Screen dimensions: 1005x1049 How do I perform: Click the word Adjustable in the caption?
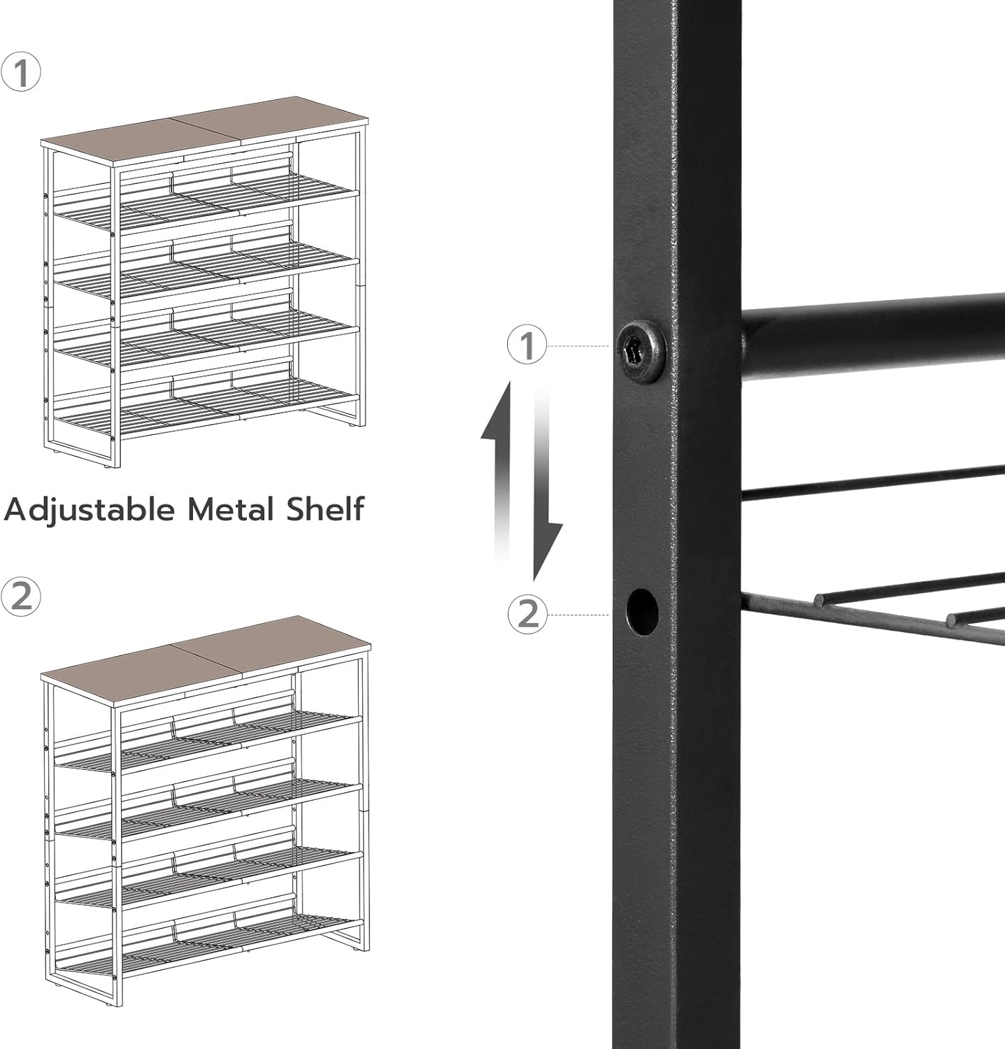click(x=90, y=510)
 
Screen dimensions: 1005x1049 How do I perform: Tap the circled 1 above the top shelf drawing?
click(x=21, y=73)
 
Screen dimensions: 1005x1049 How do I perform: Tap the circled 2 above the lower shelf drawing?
click(x=21, y=597)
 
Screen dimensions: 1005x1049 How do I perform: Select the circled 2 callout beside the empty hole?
click(x=528, y=614)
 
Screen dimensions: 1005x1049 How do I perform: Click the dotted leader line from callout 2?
click(x=578, y=615)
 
